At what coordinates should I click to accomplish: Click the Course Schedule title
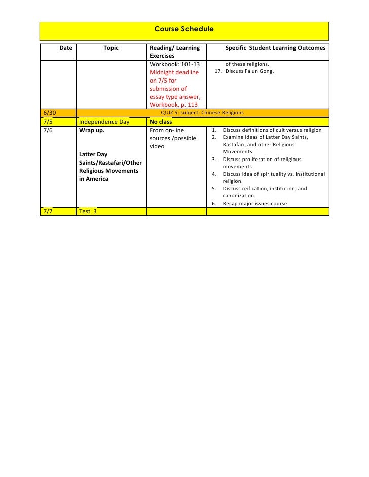pos(184,29)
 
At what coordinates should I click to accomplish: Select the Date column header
pos(66,48)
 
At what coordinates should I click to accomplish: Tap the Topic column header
pos(110,48)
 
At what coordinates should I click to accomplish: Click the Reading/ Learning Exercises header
pos(174,51)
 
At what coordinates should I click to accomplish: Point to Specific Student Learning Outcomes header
pos(275,48)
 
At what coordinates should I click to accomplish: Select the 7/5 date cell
pos(48,122)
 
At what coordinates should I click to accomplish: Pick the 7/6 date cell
pos(48,130)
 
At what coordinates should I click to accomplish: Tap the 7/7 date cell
pos(48,211)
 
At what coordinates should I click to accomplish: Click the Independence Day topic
pos(104,122)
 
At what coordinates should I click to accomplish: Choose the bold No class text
pos(161,122)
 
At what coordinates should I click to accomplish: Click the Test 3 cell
pos(88,211)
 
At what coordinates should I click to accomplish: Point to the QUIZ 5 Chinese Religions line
pos(202,113)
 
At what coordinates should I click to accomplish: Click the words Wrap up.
pos(92,130)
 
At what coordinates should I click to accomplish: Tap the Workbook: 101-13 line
pos(174,64)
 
